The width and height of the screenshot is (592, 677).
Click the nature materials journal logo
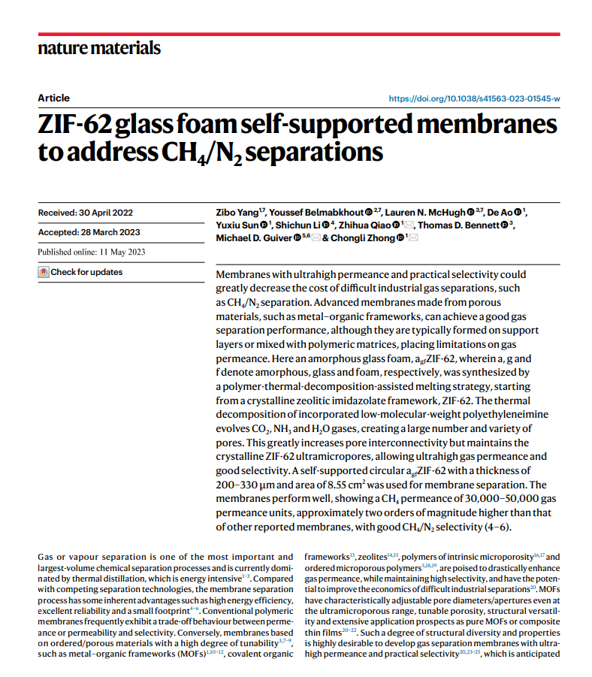click(x=98, y=48)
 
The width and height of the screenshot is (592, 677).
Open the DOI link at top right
click(x=474, y=98)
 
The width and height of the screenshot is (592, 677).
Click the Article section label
click(x=53, y=98)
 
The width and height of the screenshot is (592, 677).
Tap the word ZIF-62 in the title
click(x=84, y=124)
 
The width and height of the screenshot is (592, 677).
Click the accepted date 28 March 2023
click(x=89, y=232)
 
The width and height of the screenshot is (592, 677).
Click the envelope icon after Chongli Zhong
click(x=413, y=238)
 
